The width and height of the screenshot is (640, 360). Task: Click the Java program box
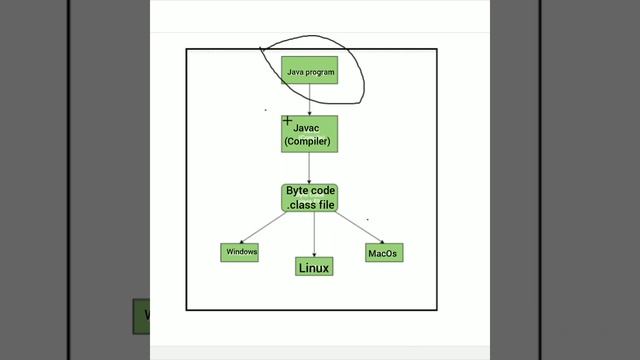coord(309,70)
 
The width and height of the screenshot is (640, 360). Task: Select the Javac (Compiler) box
coord(309,134)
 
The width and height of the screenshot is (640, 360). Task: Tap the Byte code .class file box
coord(309,197)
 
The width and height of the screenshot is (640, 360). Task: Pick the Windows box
coord(240,252)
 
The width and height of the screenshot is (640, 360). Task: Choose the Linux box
coord(314,266)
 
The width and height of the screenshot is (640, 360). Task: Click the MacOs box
coord(383,253)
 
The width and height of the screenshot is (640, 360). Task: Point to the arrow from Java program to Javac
coord(309,99)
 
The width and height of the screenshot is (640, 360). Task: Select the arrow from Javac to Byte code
coord(309,168)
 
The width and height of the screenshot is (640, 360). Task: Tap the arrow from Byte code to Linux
coord(314,234)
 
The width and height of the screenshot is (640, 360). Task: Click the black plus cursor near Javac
coord(288,121)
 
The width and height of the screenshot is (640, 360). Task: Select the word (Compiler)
coord(307,142)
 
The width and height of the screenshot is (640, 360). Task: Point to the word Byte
coord(298,190)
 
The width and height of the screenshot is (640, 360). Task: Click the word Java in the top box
coord(296,72)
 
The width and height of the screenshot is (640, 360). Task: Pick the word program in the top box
coord(319,72)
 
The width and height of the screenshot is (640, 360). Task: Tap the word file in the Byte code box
coord(326,204)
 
